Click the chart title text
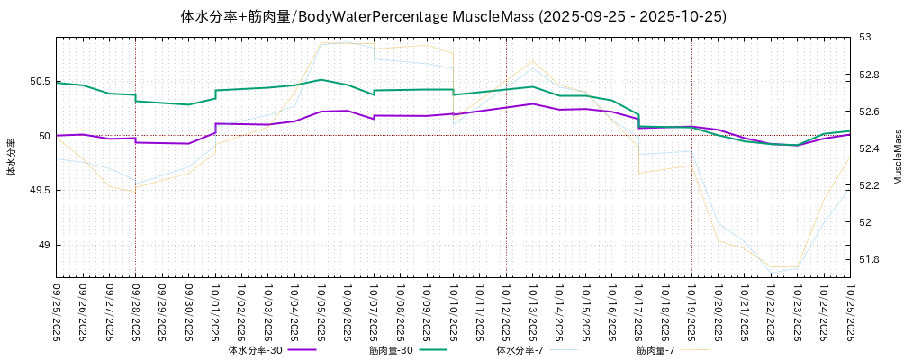point(454,16)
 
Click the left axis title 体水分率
point(12,157)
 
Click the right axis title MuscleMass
point(898,157)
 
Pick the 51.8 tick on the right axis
point(870,259)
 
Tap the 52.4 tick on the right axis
point(870,148)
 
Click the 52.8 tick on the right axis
point(870,75)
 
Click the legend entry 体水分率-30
point(256,350)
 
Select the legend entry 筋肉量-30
point(391,350)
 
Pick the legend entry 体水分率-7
point(520,350)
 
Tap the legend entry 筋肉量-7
point(655,350)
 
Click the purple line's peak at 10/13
point(533,103)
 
